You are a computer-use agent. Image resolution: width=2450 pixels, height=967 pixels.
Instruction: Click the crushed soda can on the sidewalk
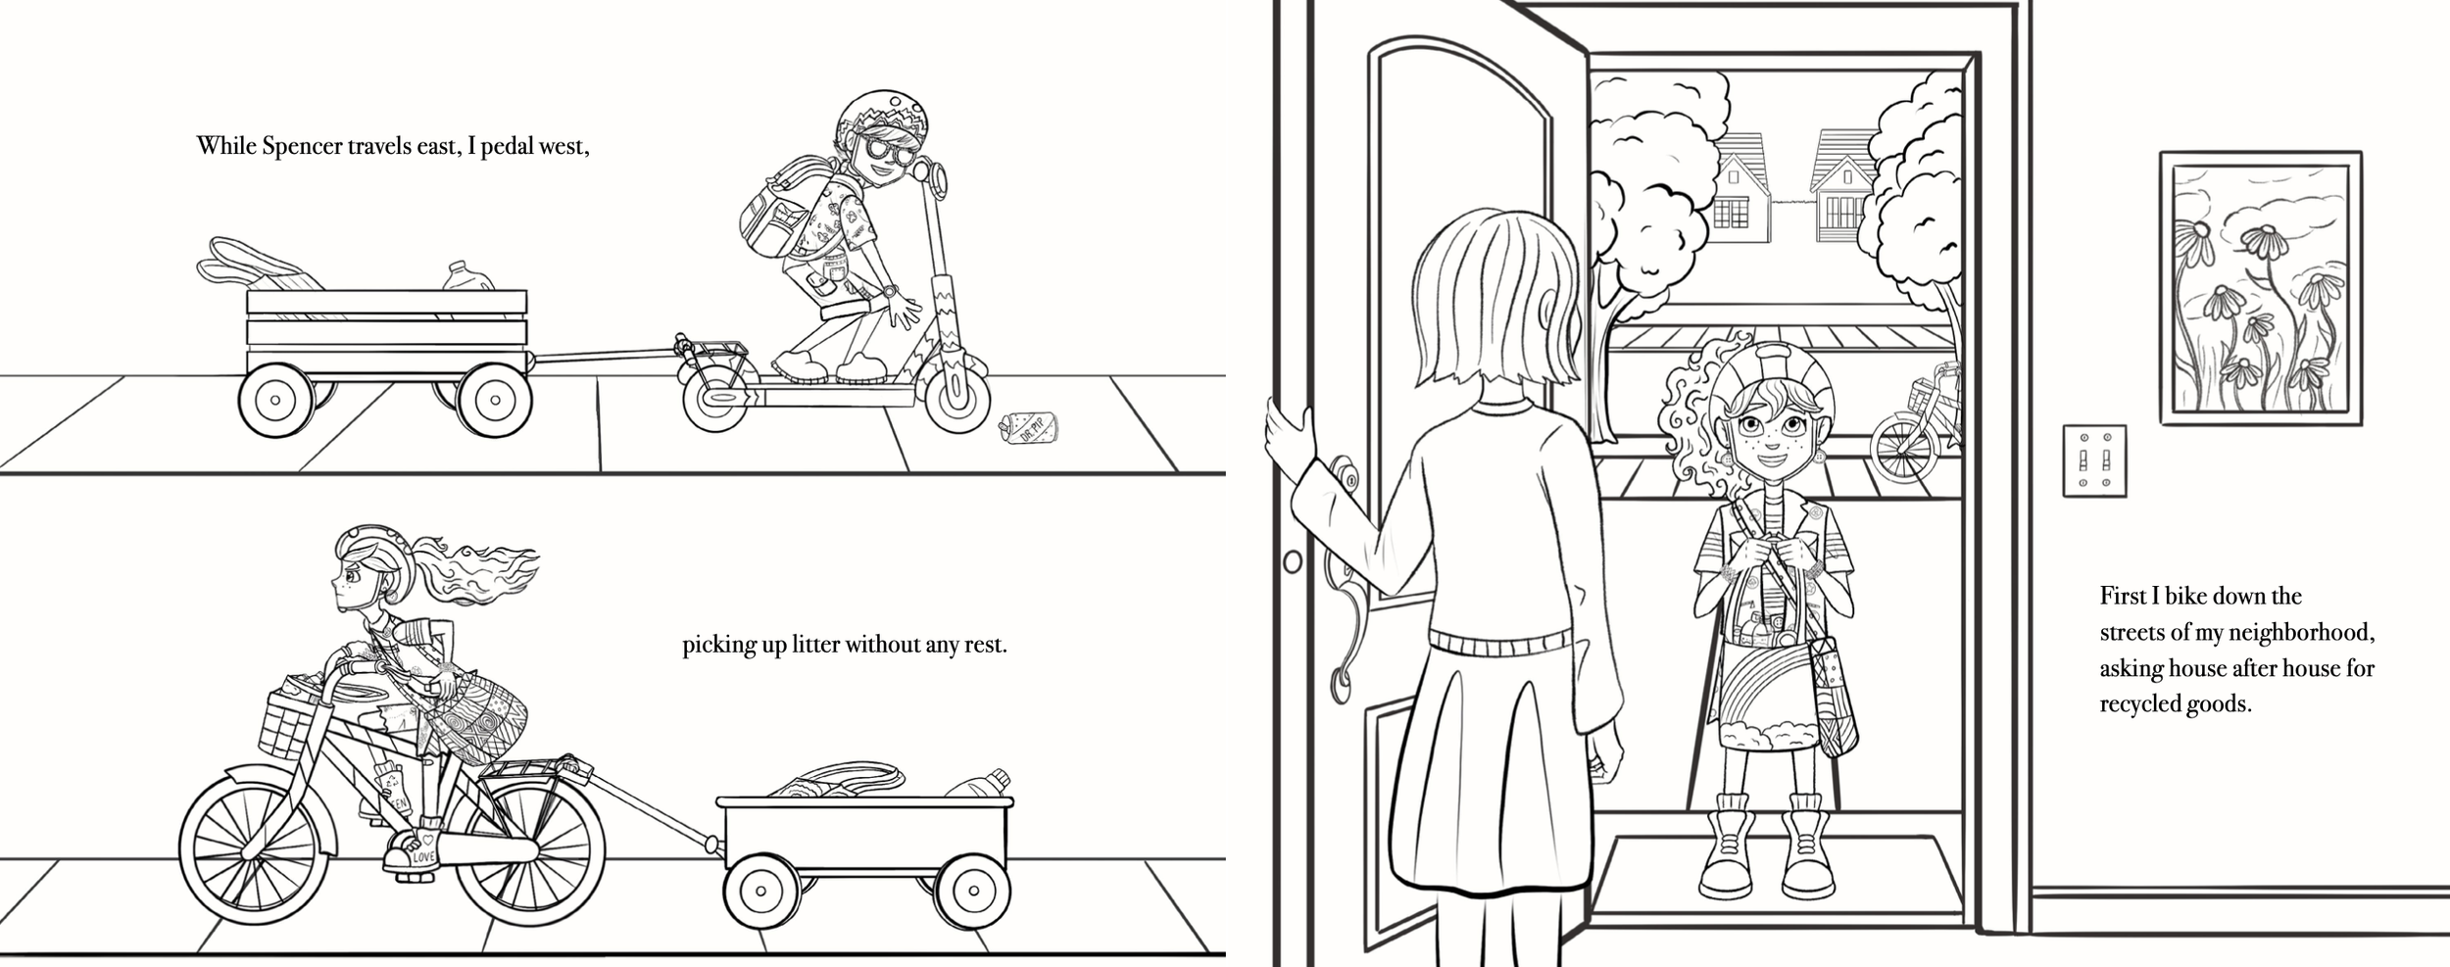(x=1028, y=428)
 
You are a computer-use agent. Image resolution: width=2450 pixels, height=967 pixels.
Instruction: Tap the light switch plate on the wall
(x=2094, y=460)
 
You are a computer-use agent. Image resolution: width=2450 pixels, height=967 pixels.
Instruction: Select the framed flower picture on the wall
(x=2261, y=287)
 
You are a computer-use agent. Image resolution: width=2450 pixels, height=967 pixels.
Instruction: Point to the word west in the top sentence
(x=563, y=147)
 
